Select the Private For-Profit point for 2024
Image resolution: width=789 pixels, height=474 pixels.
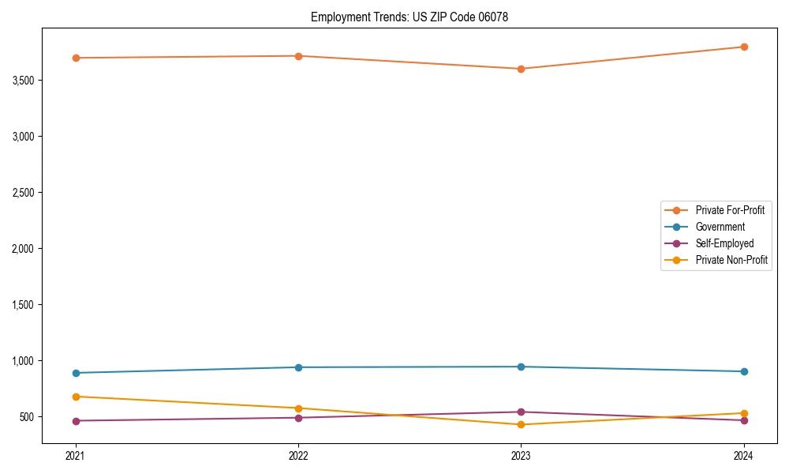743,47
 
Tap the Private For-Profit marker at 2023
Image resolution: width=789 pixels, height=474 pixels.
521,69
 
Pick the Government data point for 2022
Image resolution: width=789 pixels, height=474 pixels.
298,367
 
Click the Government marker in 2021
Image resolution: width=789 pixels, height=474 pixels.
76,373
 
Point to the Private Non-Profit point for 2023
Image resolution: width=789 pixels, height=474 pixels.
521,425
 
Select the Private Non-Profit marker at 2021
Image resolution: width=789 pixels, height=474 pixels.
76,397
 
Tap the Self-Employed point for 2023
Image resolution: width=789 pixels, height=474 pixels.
521,412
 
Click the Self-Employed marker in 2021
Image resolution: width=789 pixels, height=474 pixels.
76,421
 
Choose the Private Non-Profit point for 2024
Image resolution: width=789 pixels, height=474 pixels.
743,413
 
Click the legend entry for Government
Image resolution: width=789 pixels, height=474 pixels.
720,227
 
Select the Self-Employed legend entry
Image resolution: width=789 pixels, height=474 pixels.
724,243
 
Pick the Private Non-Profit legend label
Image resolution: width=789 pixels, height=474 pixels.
731,260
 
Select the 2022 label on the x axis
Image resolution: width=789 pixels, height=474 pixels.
298,456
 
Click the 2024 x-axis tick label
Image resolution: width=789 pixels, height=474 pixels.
743,456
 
